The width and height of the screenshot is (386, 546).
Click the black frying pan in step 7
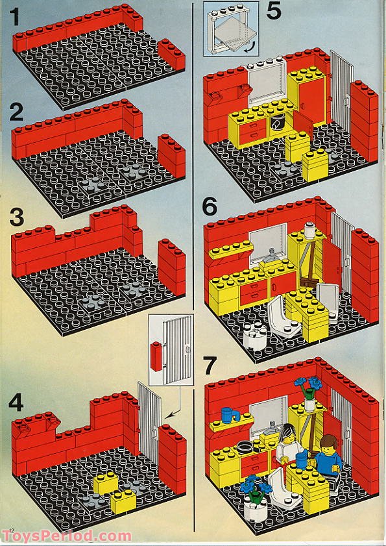point(246,446)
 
